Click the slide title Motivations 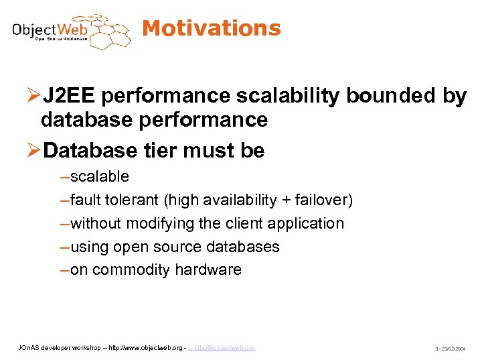click(x=212, y=28)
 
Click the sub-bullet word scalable click(x=100, y=177)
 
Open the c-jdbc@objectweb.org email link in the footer click(x=222, y=347)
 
